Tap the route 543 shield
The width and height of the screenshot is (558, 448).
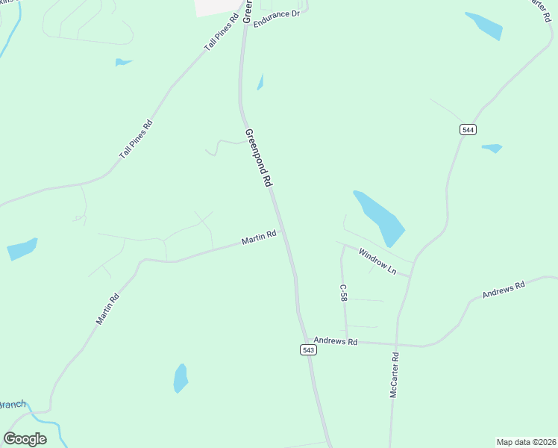309,349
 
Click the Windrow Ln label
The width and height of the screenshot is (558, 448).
377,261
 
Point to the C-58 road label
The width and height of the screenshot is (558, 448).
343,292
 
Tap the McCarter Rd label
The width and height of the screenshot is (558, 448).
395,375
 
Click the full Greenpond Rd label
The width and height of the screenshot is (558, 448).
257,157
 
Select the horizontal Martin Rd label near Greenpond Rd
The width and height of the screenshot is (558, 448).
259,237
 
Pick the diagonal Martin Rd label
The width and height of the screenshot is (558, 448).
107,308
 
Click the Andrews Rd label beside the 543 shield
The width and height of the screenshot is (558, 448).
336,341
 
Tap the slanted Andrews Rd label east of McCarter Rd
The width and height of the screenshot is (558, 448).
504,289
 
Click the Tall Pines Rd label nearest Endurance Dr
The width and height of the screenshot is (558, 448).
221,32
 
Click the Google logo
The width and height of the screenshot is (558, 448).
25,439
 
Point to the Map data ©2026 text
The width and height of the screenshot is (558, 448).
525,441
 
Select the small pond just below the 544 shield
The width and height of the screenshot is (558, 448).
492,148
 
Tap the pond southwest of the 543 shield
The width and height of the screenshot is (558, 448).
181,378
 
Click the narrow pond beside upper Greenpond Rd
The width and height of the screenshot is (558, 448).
260,82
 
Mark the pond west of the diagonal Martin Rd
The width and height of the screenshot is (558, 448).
22,249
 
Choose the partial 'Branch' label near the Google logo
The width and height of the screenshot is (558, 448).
13,405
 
